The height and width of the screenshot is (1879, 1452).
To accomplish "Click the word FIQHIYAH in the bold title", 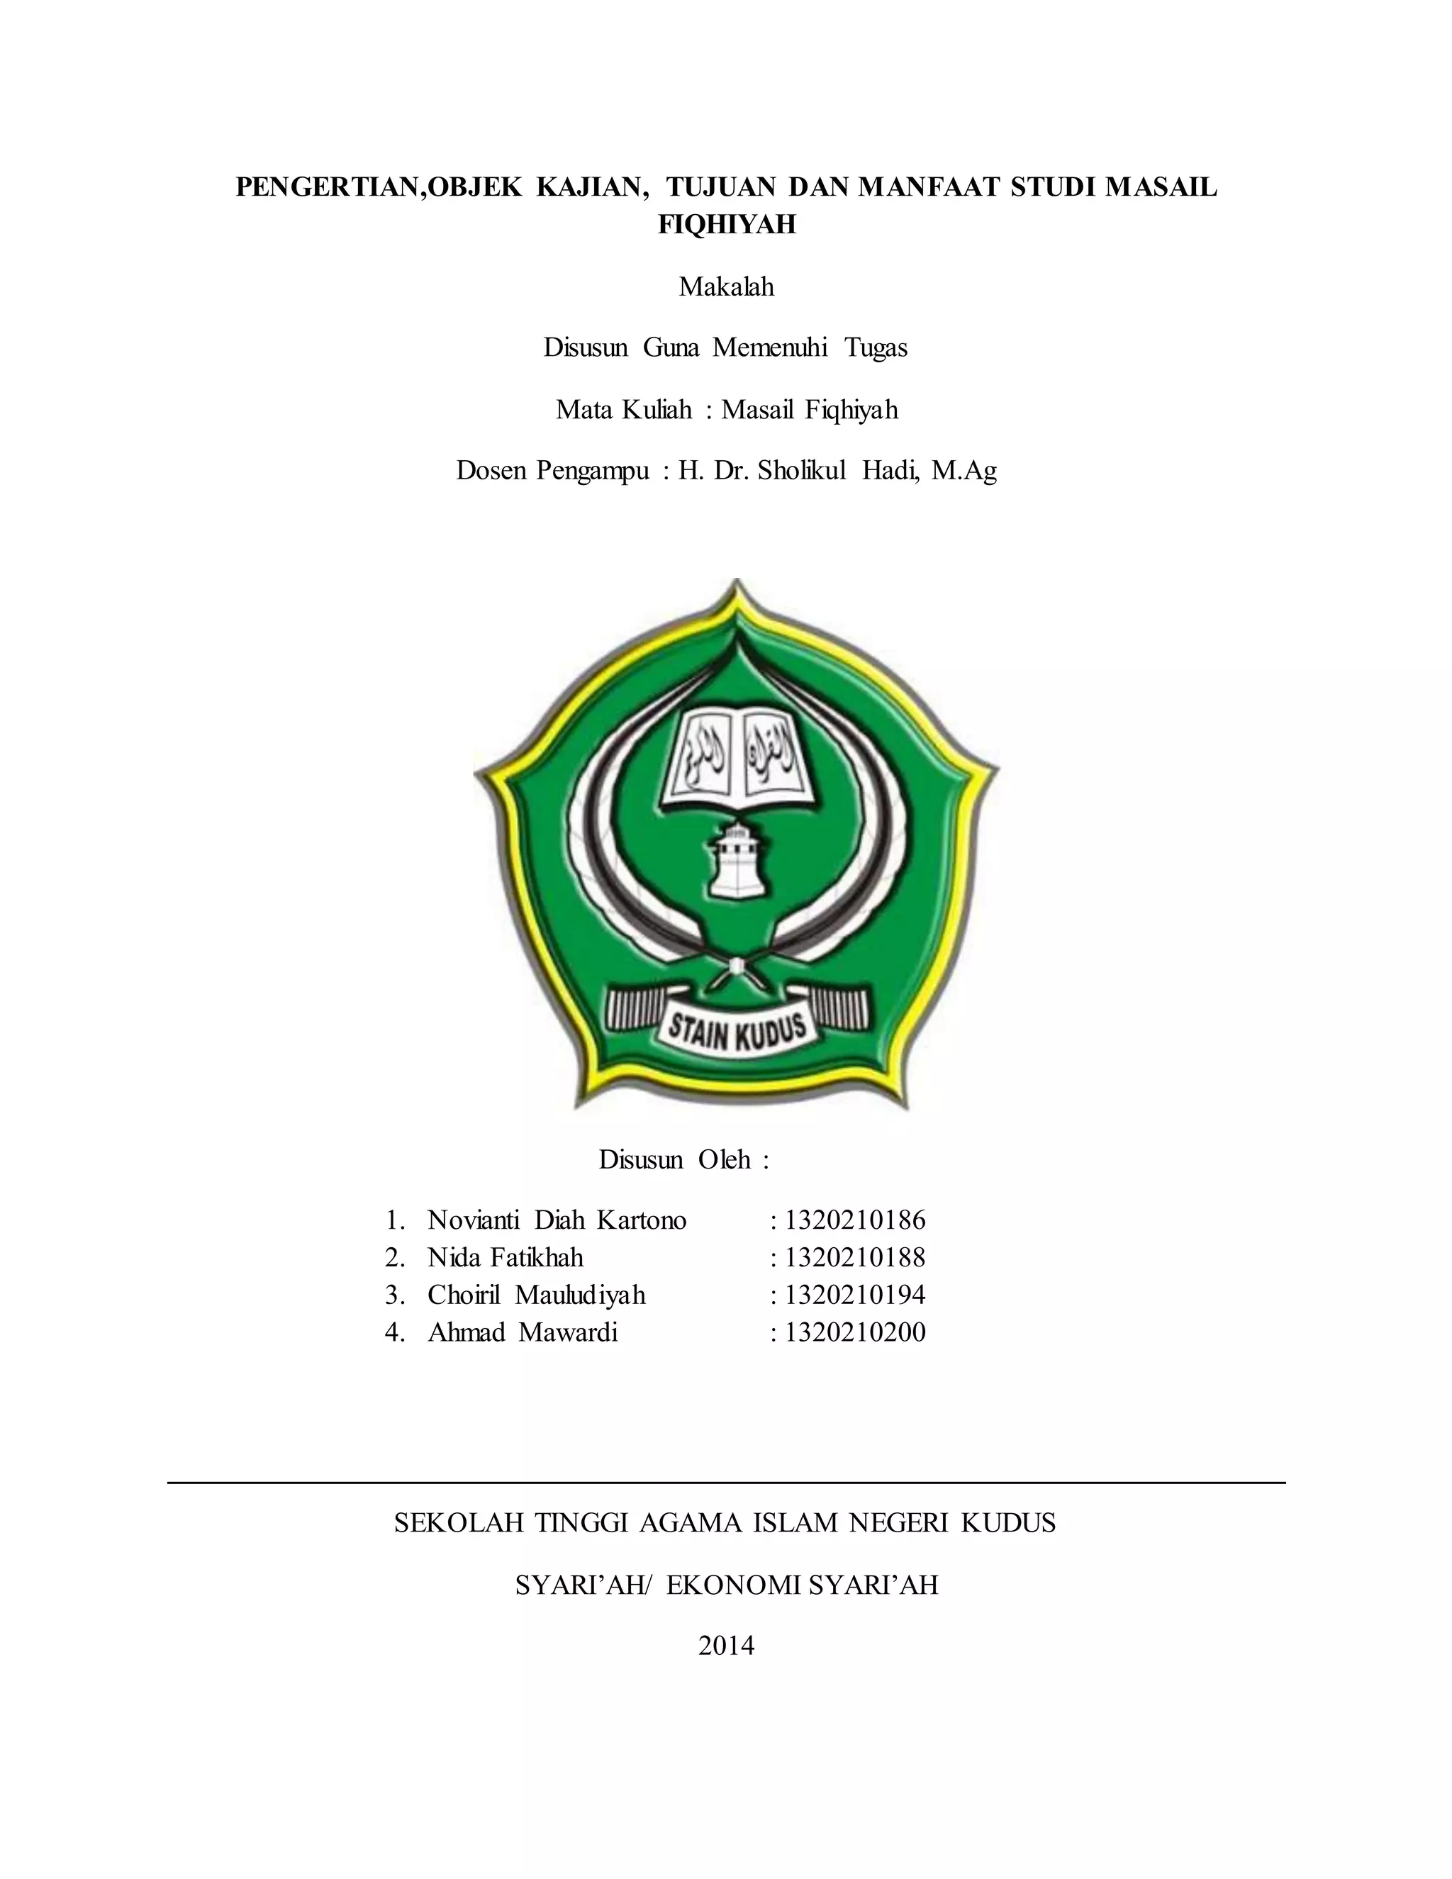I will coord(727,225).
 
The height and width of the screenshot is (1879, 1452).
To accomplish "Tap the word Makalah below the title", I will coord(726,286).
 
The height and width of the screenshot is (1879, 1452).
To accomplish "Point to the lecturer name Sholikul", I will coord(802,471).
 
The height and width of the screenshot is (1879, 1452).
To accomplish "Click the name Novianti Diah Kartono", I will coord(557,1220).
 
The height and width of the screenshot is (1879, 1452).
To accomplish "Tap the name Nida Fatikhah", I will coord(505,1258).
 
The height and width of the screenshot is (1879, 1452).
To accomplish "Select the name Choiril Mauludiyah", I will coord(536,1295).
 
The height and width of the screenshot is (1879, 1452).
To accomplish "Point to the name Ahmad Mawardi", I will coord(523,1333).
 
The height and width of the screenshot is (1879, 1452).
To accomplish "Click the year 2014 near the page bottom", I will coord(726,1646).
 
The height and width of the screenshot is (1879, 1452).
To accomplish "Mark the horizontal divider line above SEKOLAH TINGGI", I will coord(726,1483).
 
